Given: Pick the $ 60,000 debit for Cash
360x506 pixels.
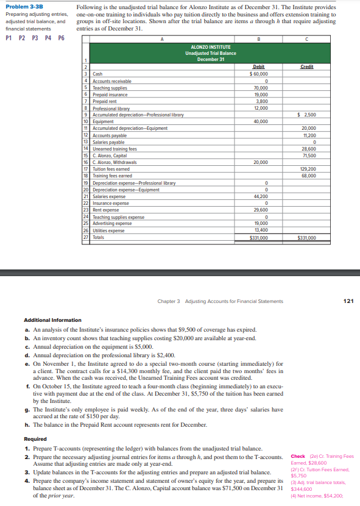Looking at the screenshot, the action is tap(259, 74).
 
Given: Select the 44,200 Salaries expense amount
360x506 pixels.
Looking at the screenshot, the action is tap(260, 196).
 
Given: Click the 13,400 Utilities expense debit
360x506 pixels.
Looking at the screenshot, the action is tap(260, 230).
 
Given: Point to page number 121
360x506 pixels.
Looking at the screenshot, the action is tap(348, 301).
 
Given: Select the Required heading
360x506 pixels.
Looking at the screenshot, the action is tap(35, 438).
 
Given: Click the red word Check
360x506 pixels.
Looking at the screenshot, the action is tap(298, 456).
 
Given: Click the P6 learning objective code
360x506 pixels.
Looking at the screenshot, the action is tap(61, 38).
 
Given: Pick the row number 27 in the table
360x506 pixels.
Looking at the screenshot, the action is tap(86, 238).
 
